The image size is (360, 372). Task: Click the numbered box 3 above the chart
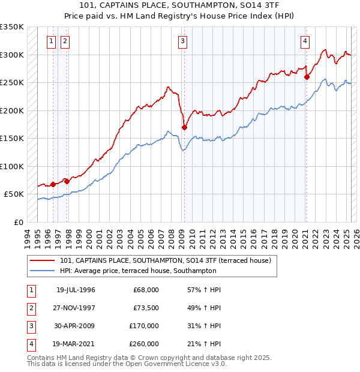[182, 41]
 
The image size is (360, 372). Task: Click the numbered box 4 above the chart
[305, 41]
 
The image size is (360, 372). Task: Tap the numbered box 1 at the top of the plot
[51, 41]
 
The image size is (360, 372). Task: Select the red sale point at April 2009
[184, 127]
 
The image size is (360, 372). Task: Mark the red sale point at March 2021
[307, 76]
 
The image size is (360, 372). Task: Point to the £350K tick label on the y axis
[12, 27]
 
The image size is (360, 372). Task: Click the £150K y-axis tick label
[12, 138]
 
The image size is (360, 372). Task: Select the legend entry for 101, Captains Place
[166, 260]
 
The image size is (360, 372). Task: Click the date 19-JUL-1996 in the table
[76, 290]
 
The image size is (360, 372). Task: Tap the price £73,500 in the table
[146, 308]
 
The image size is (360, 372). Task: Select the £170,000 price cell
[144, 326]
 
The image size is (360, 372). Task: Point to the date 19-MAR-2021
[76, 344]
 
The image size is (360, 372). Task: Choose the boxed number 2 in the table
[30, 308]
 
